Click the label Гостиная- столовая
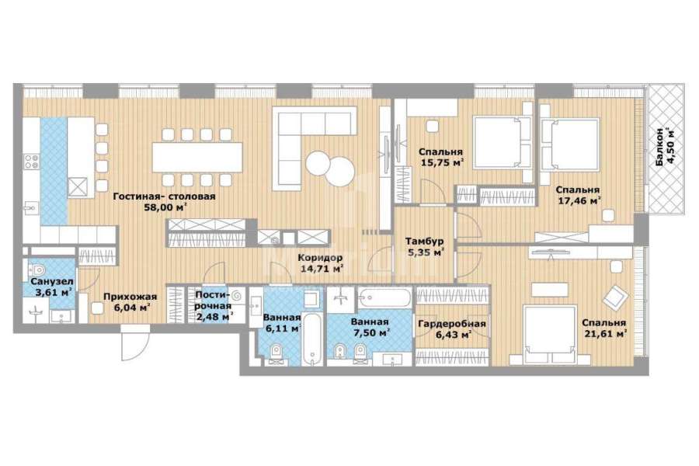[x=164, y=196]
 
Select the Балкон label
[x=659, y=148]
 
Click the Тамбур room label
[x=424, y=242]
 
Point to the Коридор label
[x=320, y=258]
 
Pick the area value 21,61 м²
[x=604, y=333]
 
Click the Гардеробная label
[x=451, y=324]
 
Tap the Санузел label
[x=52, y=282]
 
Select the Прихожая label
[x=130, y=297]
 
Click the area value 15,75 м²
[x=441, y=162]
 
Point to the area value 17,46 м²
[x=579, y=200]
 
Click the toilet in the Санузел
[x=37, y=270]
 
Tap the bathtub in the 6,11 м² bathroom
[x=312, y=339]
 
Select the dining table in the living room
[x=197, y=157]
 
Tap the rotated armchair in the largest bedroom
[x=615, y=298]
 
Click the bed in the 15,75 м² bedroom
[x=503, y=142]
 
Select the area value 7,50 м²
[x=370, y=332]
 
